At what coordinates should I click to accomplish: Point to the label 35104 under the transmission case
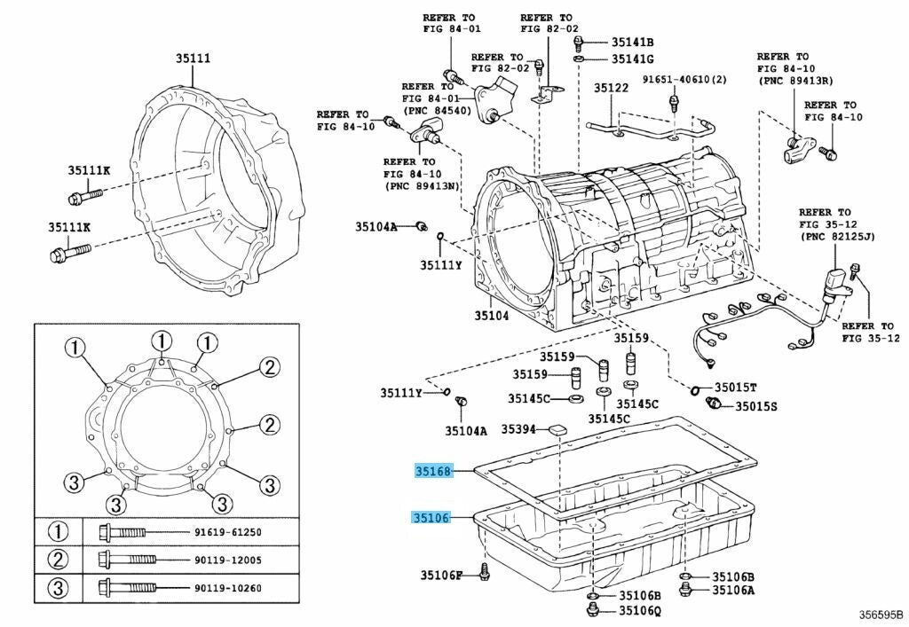tap(492, 316)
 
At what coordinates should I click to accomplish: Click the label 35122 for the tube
tap(611, 88)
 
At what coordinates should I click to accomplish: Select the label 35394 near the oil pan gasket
tap(519, 429)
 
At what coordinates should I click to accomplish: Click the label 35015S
tap(755, 406)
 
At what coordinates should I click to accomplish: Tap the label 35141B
tap(631, 42)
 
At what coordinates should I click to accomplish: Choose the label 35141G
tap(631, 59)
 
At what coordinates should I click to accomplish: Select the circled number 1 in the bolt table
tap(58, 532)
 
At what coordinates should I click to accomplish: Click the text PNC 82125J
tap(838, 237)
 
